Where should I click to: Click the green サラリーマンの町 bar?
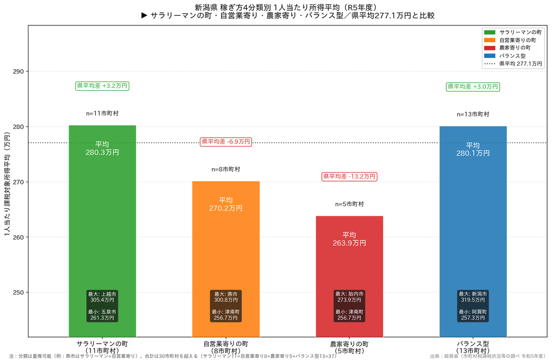click(x=102, y=231)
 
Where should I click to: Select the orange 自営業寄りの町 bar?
click(x=226, y=259)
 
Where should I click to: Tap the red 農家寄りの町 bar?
click(x=349, y=276)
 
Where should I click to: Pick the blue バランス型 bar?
click(x=473, y=231)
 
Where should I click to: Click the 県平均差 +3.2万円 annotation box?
click(x=102, y=86)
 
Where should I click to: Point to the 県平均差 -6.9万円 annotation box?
click(x=226, y=141)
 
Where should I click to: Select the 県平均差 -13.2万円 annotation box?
click(x=349, y=176)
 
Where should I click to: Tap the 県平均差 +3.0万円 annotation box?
click(x=473, y=87)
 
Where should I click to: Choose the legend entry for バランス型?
click(x=505, y=56)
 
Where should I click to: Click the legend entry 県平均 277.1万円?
click(x=513, y=64)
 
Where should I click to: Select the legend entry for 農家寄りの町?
click(x=507, y=47)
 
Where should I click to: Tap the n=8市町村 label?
click(x=226, y=169)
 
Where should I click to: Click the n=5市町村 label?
click(x=349, y=204)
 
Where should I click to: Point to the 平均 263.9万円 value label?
click(x=349, y=239)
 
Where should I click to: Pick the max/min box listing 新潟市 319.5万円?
click(x=473, y=306)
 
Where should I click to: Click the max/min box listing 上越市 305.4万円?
click(x=102, y=306)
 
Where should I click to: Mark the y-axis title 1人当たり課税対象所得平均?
click(x=7, y=184)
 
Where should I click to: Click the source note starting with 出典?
click(x=488, y=357)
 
